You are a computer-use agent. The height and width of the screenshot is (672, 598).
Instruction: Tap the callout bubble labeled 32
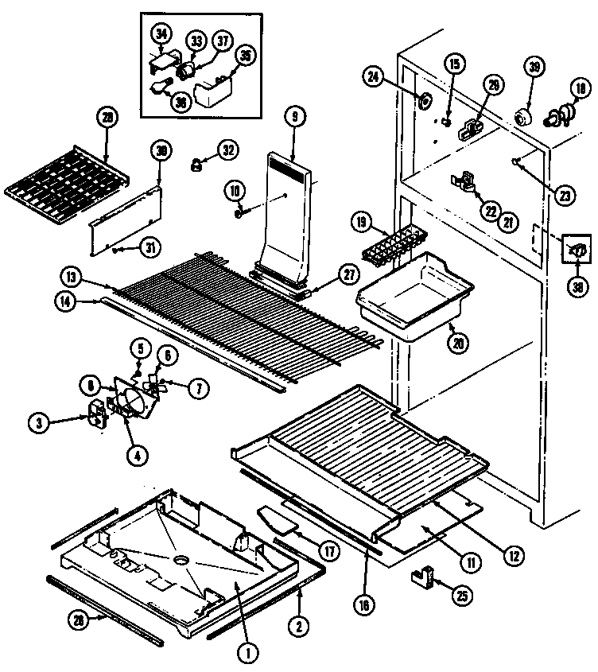[x=228, y=149]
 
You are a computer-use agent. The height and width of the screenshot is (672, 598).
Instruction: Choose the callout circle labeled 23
[x=565, y=192]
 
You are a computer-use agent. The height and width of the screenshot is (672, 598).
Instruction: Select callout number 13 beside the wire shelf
[x=72, y=278]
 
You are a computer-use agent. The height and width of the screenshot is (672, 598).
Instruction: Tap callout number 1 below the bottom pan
[x=248, y=655]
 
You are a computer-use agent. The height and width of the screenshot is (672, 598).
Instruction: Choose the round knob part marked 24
[x=425, y=101]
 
